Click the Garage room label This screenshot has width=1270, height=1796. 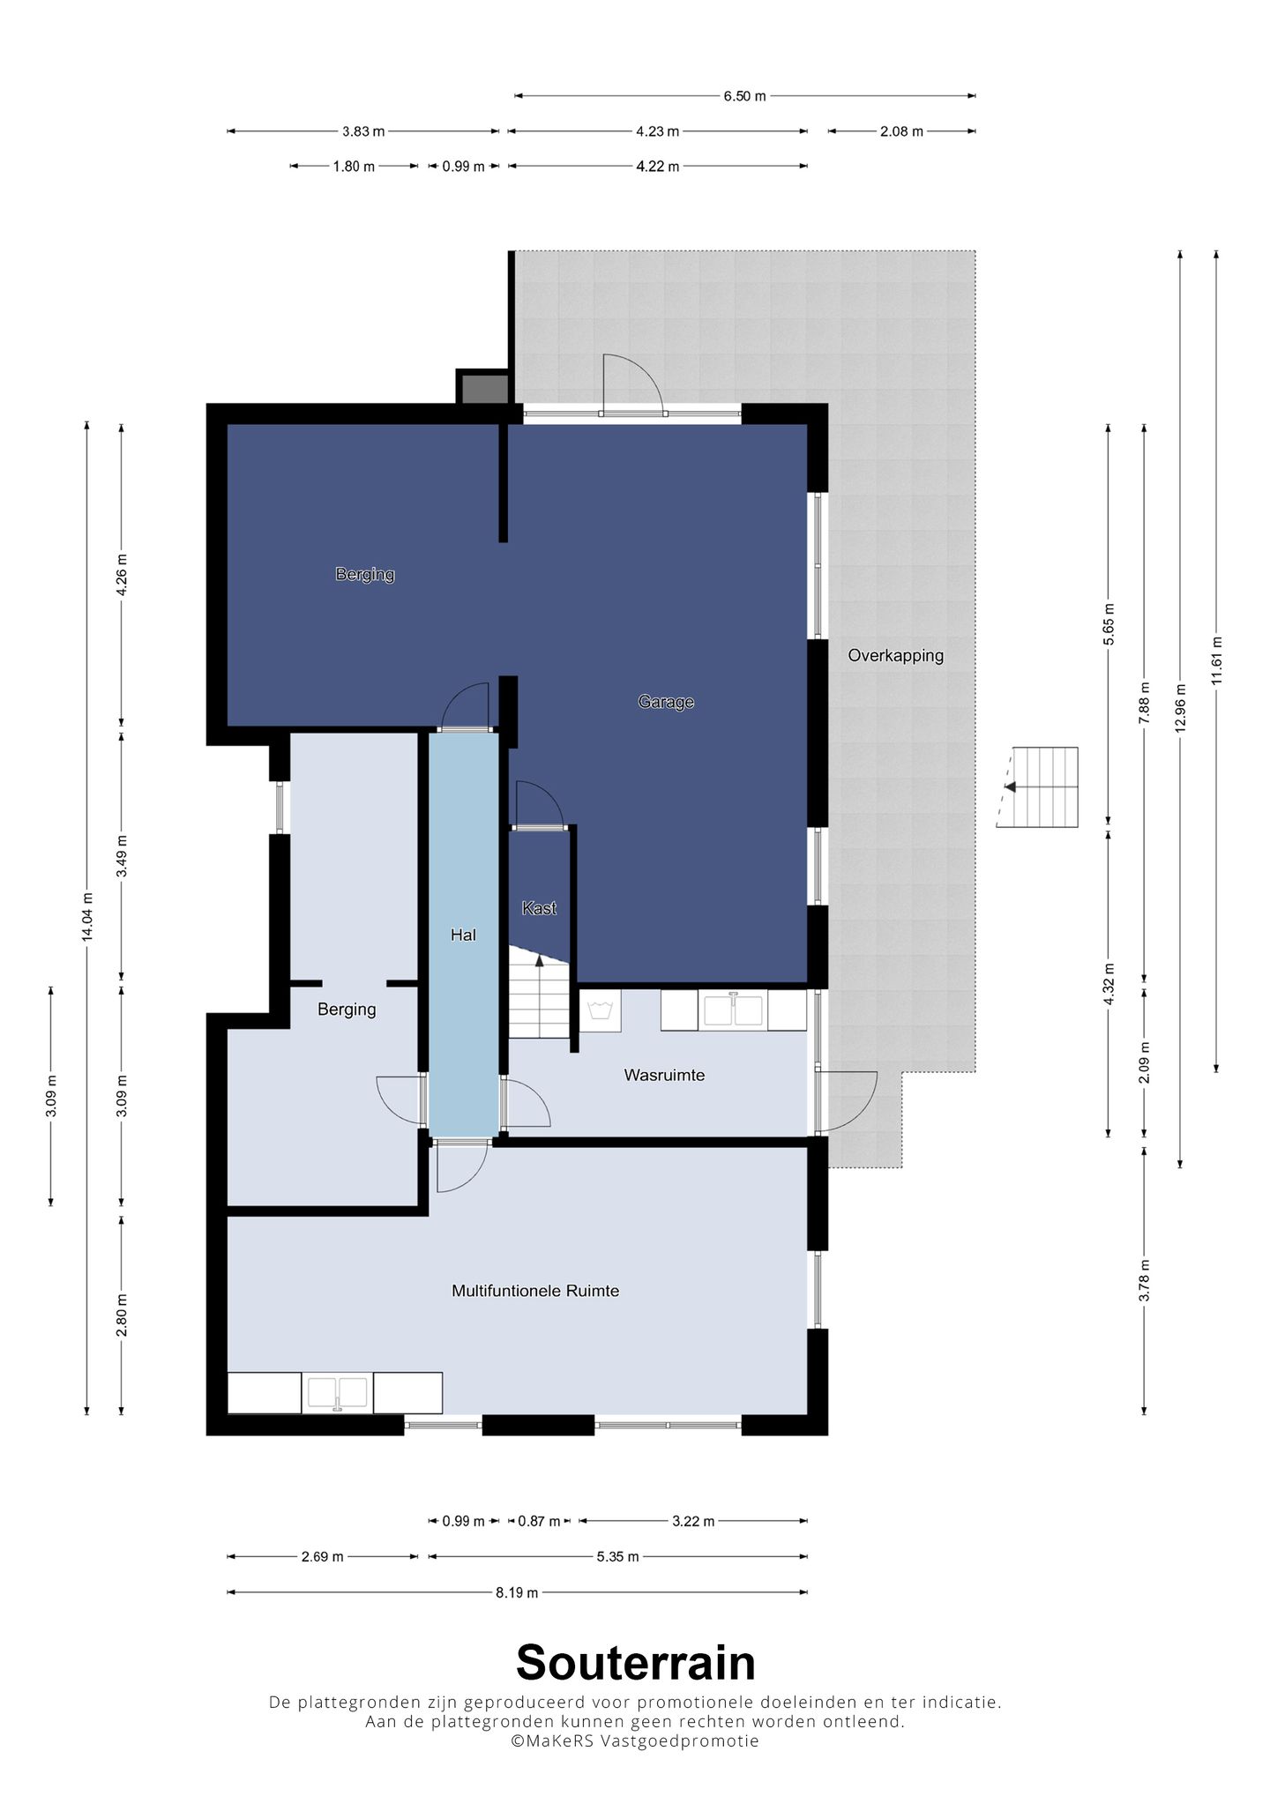point(666,702)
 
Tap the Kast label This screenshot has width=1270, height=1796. point(539,908)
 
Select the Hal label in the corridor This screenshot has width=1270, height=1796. point(463,935)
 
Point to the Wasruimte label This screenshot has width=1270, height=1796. point(664,1075)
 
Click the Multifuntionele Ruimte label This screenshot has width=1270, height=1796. point(535,1291)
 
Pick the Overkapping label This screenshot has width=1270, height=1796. point(895,655)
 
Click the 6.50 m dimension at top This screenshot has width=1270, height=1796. point(744,96)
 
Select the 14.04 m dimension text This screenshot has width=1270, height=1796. point(86,917)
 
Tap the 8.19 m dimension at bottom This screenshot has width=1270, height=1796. point(517,1592)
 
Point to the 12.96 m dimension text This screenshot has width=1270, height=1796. point(1180,708)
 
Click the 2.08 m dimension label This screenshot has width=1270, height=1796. point(901,131)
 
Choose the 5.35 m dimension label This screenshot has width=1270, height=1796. point(617,1557)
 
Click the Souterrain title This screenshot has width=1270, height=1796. point(636,1663)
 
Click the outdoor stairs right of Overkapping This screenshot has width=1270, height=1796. point(1037,786)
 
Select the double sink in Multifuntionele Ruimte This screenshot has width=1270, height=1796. point(337,1393)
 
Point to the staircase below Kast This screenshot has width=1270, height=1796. point(539,992)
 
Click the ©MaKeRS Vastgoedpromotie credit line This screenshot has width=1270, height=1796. point(635,1740)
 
